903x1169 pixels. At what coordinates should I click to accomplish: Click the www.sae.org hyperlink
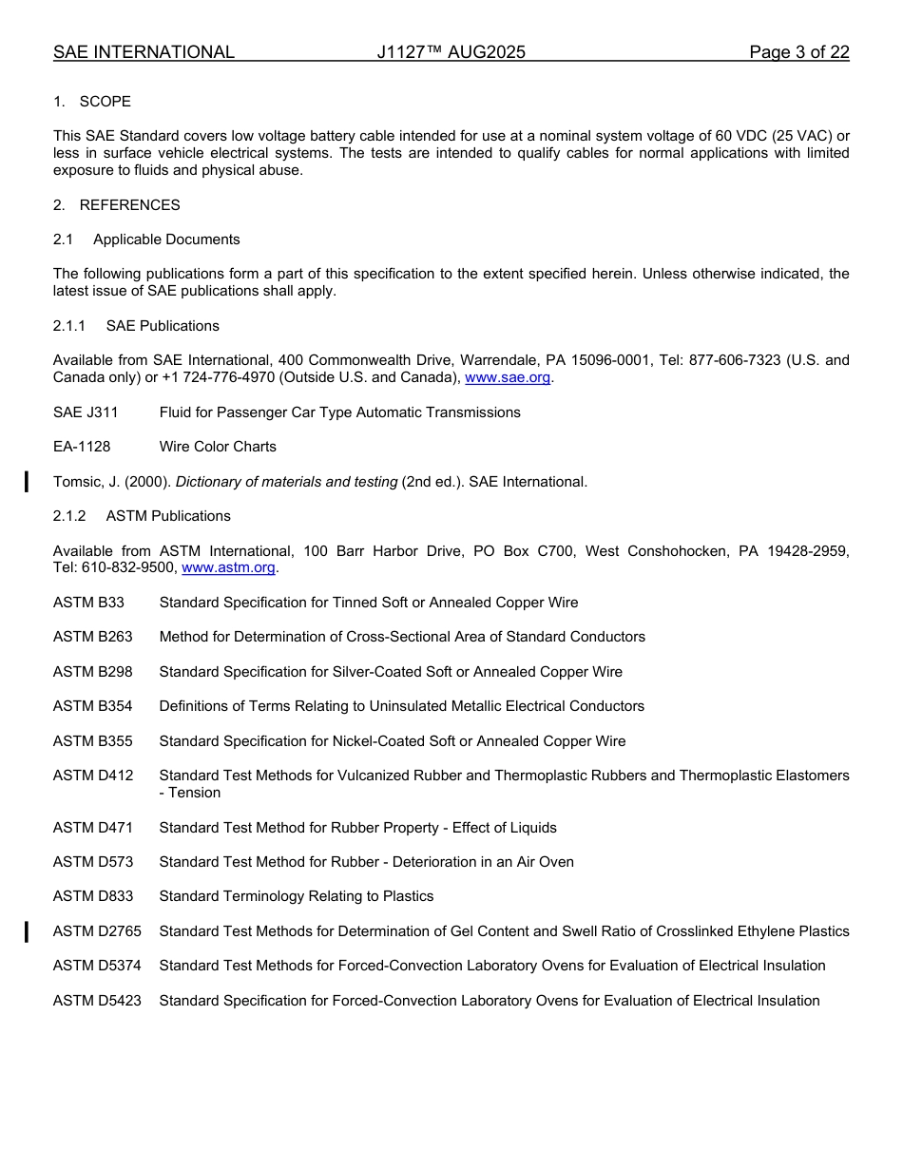tap(508, 377)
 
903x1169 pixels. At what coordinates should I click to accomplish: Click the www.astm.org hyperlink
tap(228, 567)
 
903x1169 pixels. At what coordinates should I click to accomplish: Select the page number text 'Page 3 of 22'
tap(798, 52)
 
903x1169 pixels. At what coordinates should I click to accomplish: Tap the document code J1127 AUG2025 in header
tap(451, 52)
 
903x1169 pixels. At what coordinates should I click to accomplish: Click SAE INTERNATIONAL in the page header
tap(144, 52)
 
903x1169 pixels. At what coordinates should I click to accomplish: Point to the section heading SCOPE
tap(105, 102)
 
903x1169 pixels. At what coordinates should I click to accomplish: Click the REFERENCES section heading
tap(129, 205)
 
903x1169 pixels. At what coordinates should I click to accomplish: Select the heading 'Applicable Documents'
tap(166, 240)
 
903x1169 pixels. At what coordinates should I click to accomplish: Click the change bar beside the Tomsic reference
tap(27, 482)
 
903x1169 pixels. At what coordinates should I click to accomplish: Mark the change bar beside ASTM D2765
tap(27, 931)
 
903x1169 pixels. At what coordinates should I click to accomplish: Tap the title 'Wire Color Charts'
tap(218, 447)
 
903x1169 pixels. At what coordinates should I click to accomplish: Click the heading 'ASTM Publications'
tap(168, 516)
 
